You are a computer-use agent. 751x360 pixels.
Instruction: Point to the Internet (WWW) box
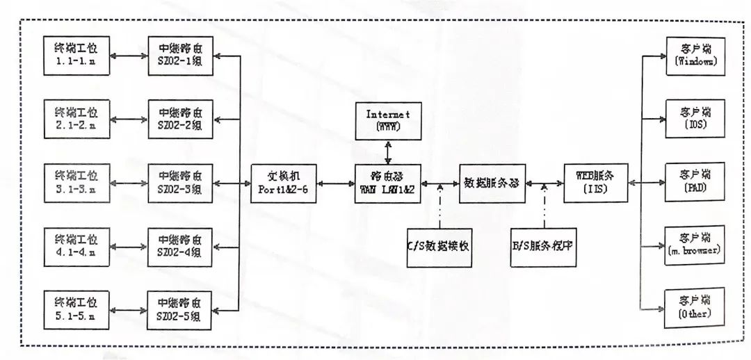pos(388,119)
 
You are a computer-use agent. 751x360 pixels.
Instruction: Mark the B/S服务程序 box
pos(544,247)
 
